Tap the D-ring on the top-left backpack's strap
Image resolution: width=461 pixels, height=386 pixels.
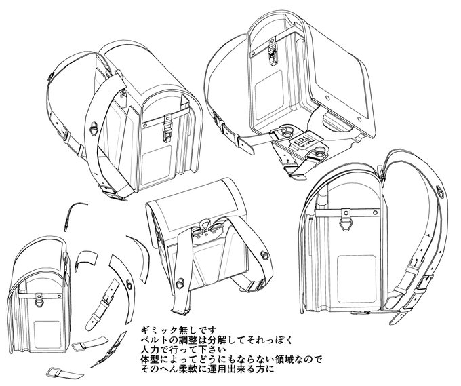pyautogui.click(x=94, y=126)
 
